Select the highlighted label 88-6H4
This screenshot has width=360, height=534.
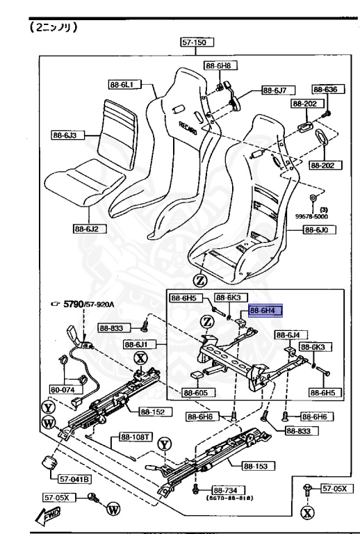tap(265, 311)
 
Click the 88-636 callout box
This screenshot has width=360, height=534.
tap(324, 90)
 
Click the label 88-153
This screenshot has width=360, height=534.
tap(256, 466)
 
